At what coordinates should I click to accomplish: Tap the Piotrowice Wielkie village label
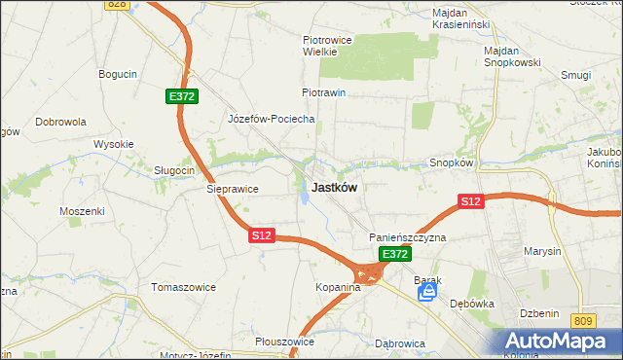pyautogui.click(x=325, y=46)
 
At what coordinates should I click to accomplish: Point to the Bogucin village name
pyautogui.click(x=118, y=74)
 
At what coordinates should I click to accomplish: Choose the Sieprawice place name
pyautogui.click(x=231, y=190)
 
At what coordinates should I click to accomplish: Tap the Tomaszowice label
pyautogui.click(x=181, y=287)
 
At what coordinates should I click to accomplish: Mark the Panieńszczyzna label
pyautogui.click(x=407, y=237)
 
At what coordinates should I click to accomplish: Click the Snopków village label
pyautogui.click(x=451, y=163)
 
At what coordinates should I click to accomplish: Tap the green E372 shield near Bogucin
pyautogui.click(x=181, y=96)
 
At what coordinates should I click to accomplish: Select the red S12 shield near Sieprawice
pyautogui.click(x=262, y=235)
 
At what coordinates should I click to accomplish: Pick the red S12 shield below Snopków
pyautogui.click(x=471, y=201)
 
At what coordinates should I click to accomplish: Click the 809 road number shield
pyautogui.click(x=583, y=321)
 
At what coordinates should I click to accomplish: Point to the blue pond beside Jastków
pyautogui.click(x=305, y=198)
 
